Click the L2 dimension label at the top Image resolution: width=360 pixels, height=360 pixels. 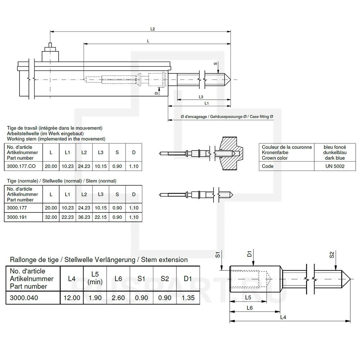coord(153,29)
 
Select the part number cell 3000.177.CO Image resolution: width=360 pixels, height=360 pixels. coord(21,166)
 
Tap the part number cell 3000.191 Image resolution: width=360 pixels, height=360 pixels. coord(17,217)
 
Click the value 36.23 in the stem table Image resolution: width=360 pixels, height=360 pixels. coord(84,217)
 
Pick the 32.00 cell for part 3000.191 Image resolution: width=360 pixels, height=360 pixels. coord(51,217)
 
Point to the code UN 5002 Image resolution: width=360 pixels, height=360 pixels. coord(335,166)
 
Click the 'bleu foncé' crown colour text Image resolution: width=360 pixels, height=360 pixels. coord(335,147)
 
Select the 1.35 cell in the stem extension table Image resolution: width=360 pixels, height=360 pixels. coord(188,298)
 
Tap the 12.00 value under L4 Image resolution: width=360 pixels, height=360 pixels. coord(72,298)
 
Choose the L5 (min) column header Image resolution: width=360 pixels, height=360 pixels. coord(95,278)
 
